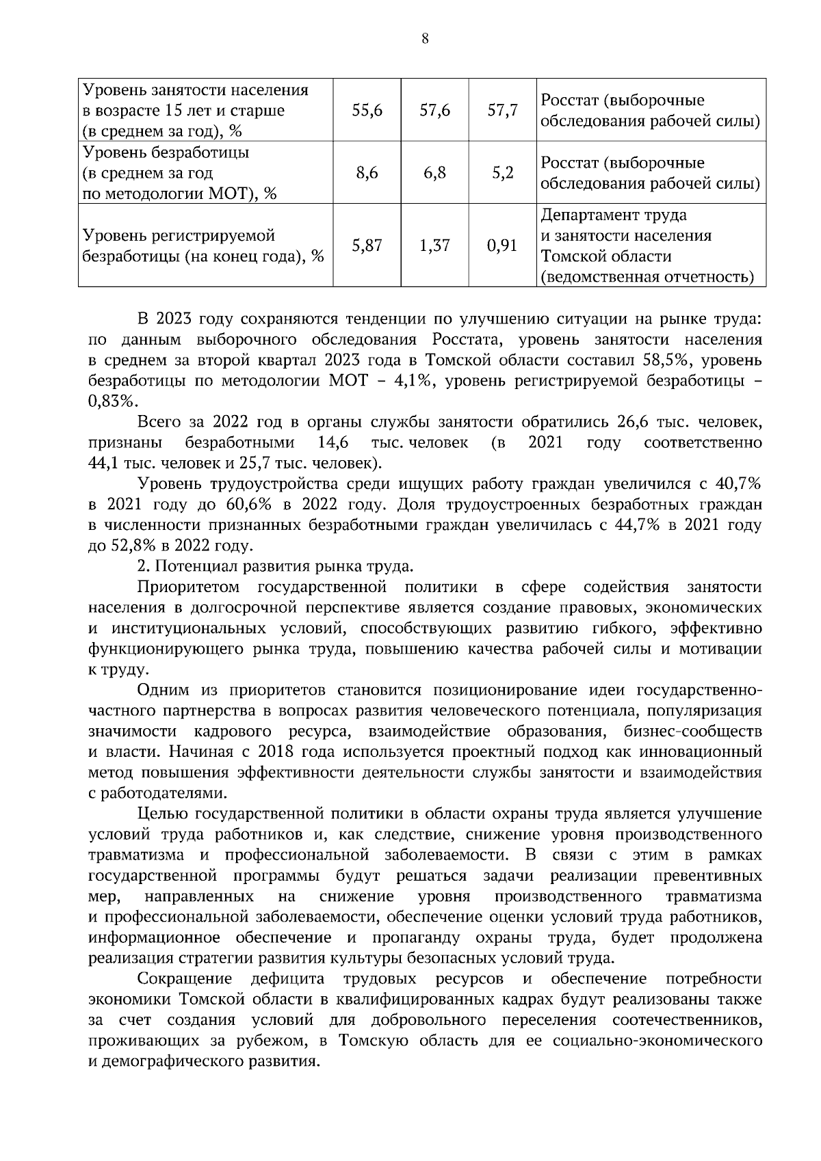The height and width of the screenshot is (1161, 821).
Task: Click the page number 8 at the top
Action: click(x=425, y=40)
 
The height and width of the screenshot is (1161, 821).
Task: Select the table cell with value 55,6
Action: click(x=367, y=110)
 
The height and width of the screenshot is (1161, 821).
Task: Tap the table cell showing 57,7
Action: click(x=502, y=110)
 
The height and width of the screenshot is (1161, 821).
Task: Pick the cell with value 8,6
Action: click(x=367, y=173)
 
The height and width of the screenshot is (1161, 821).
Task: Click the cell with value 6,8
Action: click(x=434, y=173)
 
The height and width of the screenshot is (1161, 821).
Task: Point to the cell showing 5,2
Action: click(x=502, y=173)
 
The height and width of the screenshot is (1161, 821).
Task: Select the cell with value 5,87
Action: click(x=367, y=245)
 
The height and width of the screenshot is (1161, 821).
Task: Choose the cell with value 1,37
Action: click(x=434, y=245)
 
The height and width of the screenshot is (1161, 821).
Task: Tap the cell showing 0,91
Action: click(x=502, y=245)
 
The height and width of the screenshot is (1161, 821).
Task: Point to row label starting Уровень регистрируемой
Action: click(x=178, y=236)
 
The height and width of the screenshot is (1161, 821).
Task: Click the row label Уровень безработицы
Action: click(x=166, y=152)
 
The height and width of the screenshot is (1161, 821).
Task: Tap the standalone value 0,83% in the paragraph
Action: click(x=113, y=401)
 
